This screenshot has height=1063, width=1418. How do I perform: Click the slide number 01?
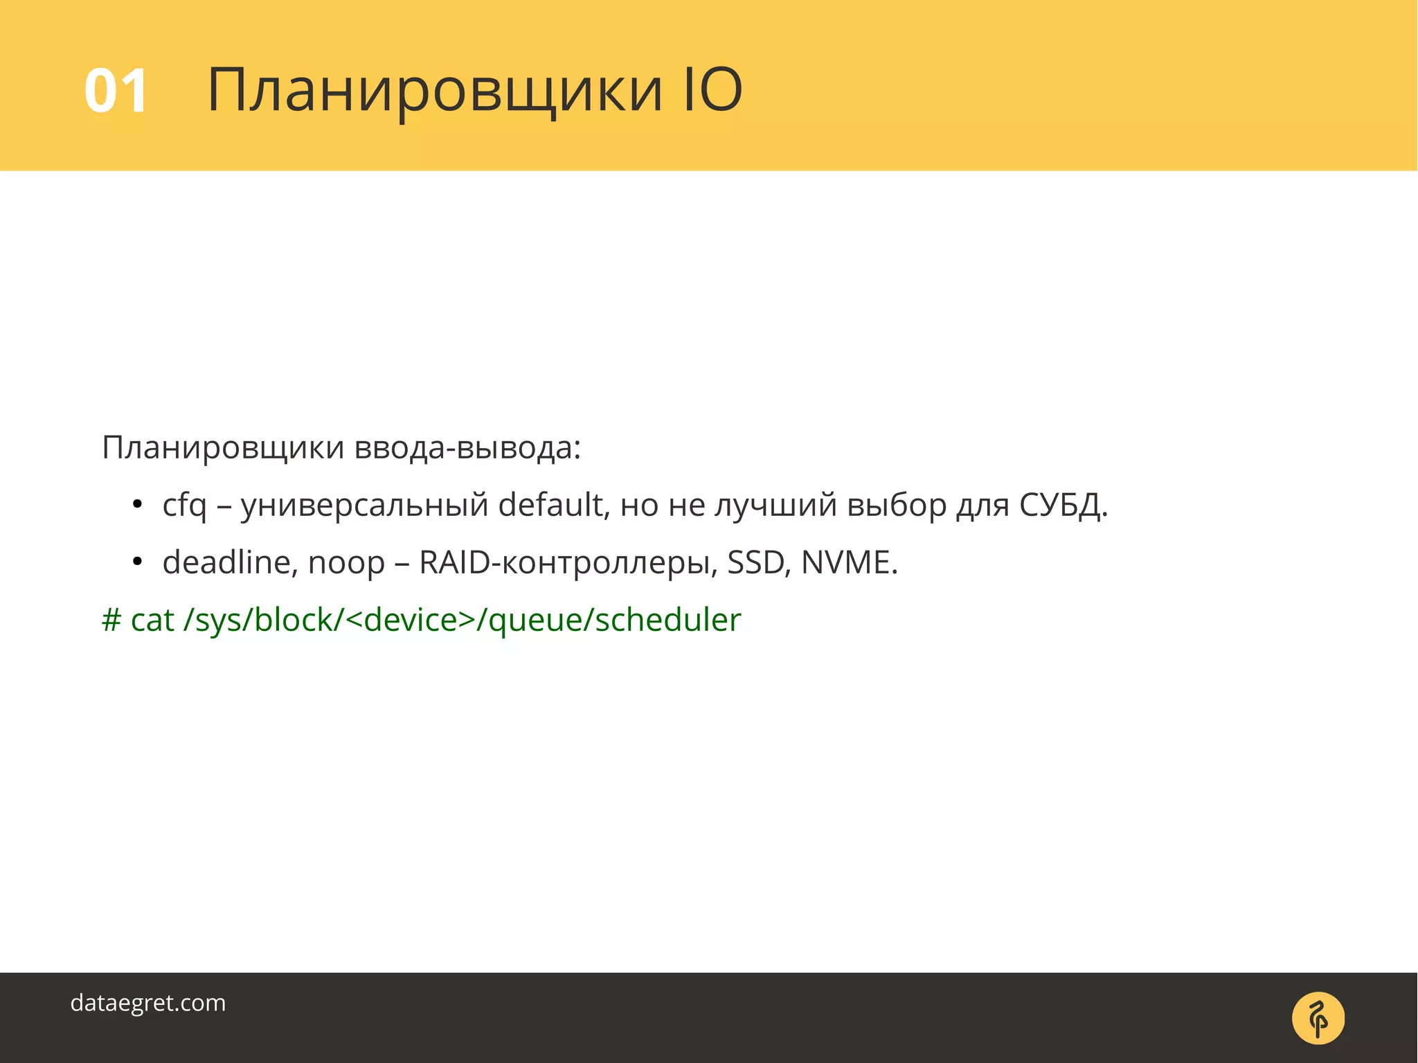116,91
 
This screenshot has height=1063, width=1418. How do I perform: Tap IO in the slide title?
712,89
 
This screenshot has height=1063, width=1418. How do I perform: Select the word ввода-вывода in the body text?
467,448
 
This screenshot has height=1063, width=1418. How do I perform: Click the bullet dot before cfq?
137,505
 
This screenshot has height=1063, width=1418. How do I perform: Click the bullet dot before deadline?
137,562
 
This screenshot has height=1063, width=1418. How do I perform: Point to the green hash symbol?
111,620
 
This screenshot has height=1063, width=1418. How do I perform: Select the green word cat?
152,620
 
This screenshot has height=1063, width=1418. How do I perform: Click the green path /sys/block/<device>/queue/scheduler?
462,620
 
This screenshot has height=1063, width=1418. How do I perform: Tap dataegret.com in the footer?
148,1003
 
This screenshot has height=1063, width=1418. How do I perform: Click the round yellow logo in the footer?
1318,1018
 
